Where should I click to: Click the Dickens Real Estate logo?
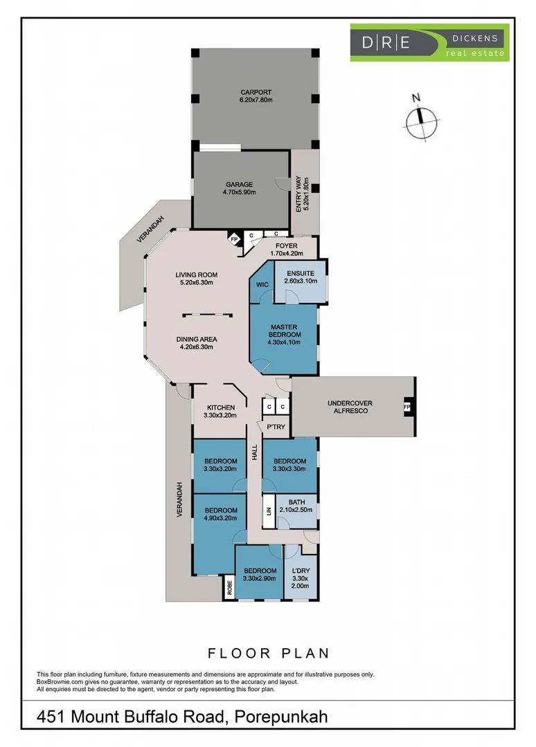(x=429, y=42)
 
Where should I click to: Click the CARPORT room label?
(x=256, y=96)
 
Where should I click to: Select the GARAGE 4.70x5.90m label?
(x=240, y=188)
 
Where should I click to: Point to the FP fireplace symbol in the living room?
(x=234, y=239)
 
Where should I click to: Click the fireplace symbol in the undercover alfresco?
(x=407, y=407)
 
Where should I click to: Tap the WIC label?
(x=262, y=285)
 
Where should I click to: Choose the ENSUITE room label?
(x=301, y=277)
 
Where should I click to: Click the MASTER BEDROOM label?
(x=284, y=335)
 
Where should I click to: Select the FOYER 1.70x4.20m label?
(x=287, y=250)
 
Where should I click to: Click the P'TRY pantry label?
(x=276, y=427)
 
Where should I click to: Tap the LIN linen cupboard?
(x=269, y=511)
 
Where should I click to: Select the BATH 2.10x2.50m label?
(x=296, y=506)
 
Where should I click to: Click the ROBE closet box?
(x=229, y=587)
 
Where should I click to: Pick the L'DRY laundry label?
(x=301, y=578)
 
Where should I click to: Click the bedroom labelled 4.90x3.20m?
(x=220, y=514)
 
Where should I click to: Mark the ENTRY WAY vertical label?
(x=303, y=194)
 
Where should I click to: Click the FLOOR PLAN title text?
(x=269, y=653)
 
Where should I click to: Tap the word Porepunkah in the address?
(x=281, y=717)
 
